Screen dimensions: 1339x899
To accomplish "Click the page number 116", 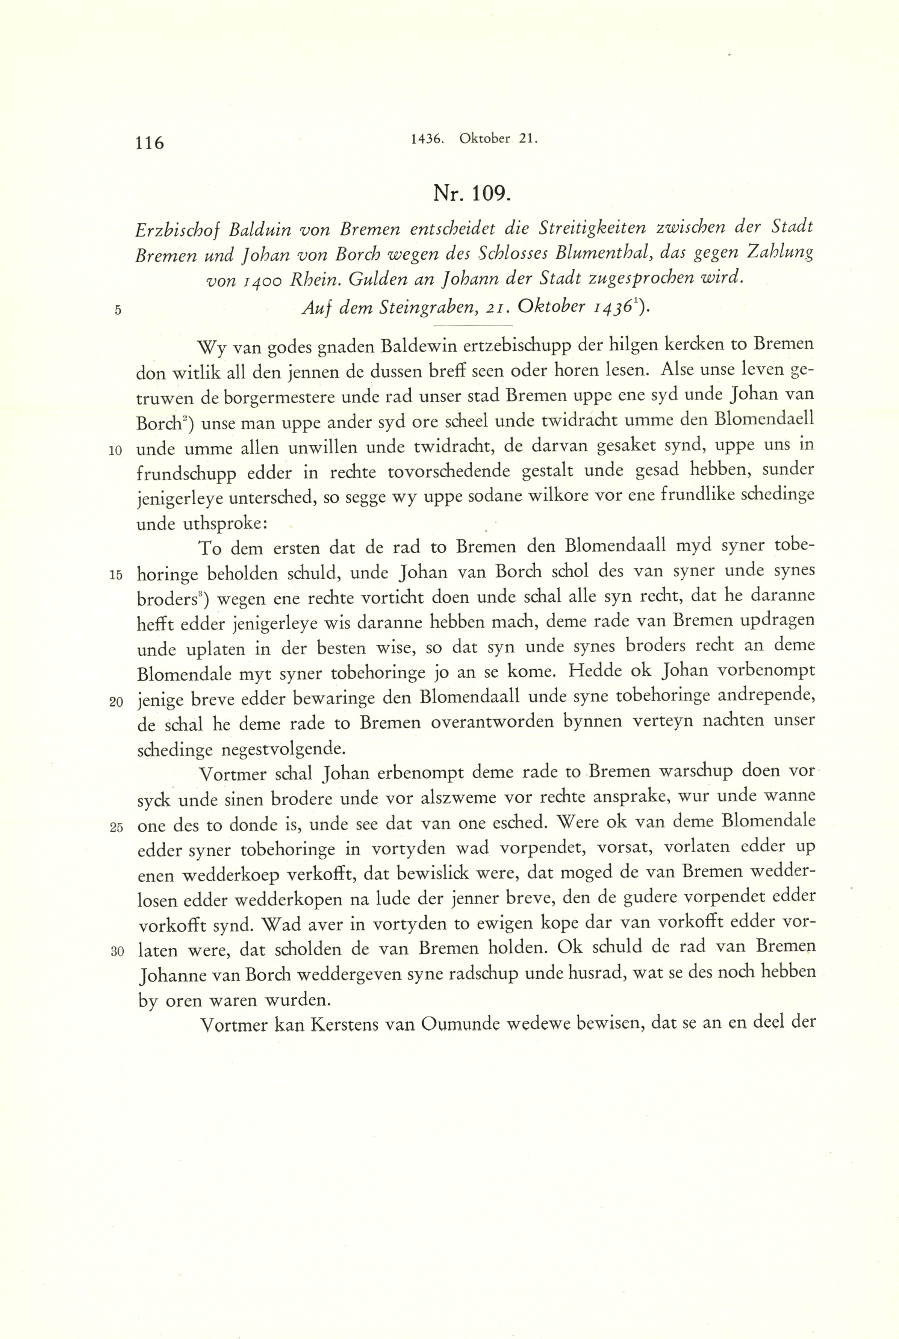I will point(150,142).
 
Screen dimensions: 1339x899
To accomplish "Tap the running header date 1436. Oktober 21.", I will point(474,139).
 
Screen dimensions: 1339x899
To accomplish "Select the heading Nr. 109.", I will point(472,194).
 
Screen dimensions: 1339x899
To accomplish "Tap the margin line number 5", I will point(118,310).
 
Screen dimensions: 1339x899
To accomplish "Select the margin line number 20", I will point(117,702).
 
